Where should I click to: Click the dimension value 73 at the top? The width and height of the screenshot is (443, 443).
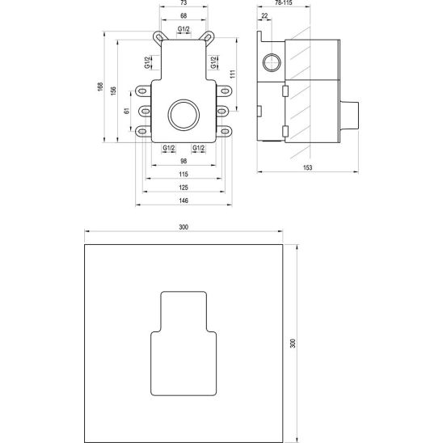click(184, 2)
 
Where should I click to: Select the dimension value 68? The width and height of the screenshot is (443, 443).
click(184, 16)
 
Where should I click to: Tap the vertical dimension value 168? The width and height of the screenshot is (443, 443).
click(100, 86)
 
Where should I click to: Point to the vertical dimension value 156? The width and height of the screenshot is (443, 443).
click(113, 91)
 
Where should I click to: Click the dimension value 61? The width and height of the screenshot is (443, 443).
click(127, 111)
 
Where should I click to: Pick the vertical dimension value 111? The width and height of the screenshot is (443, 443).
click(233, 74)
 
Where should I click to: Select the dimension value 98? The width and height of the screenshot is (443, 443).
click(184, 161)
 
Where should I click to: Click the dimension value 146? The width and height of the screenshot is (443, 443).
click(184, 200)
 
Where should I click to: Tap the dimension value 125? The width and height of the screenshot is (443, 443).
click(184, 188)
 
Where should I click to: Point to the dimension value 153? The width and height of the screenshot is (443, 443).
click(308, 167)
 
